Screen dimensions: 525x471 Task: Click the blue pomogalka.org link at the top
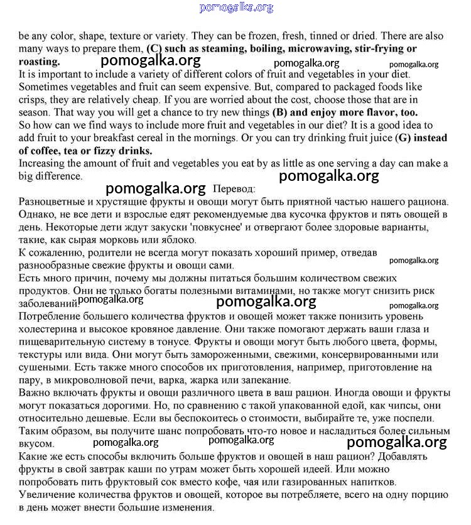click(236, 8)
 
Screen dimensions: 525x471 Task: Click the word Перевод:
click(234, 189)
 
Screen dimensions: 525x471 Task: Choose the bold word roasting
click(40, 62)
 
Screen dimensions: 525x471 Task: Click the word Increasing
click(43, 164)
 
